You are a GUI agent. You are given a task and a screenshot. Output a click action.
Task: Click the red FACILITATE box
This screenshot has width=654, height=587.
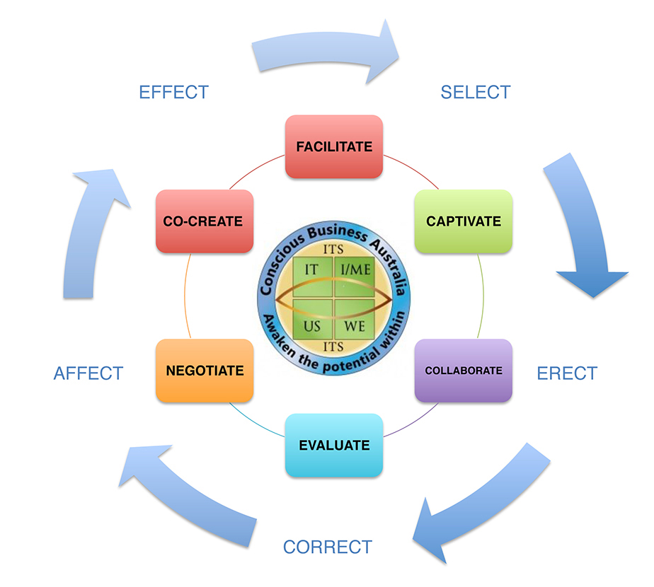[333, 146]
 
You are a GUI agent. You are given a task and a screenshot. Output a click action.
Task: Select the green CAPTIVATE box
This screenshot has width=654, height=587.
[463, 221]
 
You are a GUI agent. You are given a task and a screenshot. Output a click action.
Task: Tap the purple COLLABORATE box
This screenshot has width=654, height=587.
[463, 371]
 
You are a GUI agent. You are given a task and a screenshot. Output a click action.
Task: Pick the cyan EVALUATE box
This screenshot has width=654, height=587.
[333, 445]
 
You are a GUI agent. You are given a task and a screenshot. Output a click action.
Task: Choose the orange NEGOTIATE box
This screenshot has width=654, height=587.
[205, 371]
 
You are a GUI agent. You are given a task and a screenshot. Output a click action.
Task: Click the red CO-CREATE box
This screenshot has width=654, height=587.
[204, 221]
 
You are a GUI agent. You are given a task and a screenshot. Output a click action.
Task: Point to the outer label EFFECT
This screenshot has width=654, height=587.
[174, 93]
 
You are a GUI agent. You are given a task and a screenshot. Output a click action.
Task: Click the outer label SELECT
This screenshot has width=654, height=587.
[475, 93]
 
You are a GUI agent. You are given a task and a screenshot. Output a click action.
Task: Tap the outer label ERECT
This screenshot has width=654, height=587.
[567, 373]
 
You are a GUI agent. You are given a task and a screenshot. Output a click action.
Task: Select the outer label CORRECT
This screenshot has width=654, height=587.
[327, 547]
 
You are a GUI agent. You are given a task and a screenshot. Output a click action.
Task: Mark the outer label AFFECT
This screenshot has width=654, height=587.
[88, 373]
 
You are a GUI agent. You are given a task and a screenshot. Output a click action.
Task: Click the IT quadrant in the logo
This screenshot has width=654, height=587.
[311, 270]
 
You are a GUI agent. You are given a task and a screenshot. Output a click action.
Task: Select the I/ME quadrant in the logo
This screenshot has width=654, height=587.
[353, 270]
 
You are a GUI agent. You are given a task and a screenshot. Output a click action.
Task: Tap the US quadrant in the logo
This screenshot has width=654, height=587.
[311, 325]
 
